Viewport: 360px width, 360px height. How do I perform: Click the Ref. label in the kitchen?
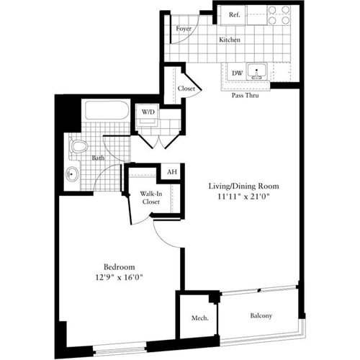pyautogui.click(x=234, y=15)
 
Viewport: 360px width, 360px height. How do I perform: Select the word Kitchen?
pyautogui.click(x=230, y=40)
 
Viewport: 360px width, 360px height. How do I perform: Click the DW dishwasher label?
pyautogui.click(x=236, y=72)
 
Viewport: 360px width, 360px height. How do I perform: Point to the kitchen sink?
pyautogui.click(x=256, y=72)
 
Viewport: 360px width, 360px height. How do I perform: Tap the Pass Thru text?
pyautogui.click(x=245, y=94)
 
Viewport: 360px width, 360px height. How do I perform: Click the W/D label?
pyautogui.click(x=148, y=112)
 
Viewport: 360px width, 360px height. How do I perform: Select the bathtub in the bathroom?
pyautogui.click(x=107, y=112)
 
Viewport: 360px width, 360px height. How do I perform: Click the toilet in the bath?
pyautogui.click(x=78, y=148)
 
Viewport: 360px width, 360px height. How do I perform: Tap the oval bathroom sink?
pyautogui.click(x=73, y=174)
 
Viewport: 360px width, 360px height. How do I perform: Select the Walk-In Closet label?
pyautogui.click(x=150, y=198)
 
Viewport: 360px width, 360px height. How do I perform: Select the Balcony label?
pyautogui.click(x=261, y=315)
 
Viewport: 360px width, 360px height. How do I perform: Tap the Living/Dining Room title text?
pyautogui.click(x=243, y=186)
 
